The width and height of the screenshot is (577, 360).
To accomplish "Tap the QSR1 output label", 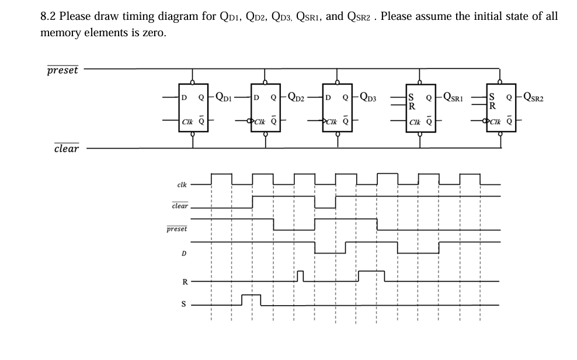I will click(x=455, y=96).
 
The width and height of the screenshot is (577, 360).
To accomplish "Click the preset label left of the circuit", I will click(x=62, y=70).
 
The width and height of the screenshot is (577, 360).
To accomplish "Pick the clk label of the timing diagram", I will click(x=182, y=185).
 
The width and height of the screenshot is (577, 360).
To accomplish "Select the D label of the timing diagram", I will click(x=183, y=254).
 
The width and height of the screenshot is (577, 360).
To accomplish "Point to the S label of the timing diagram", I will click(x=183, y=304).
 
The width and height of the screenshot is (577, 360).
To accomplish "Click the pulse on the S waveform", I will click(x=251, y=299).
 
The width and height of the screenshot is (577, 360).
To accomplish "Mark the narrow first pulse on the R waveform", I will click(x=300, y=275).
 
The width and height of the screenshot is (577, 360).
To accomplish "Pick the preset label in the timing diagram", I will click(x=177, y=229).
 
